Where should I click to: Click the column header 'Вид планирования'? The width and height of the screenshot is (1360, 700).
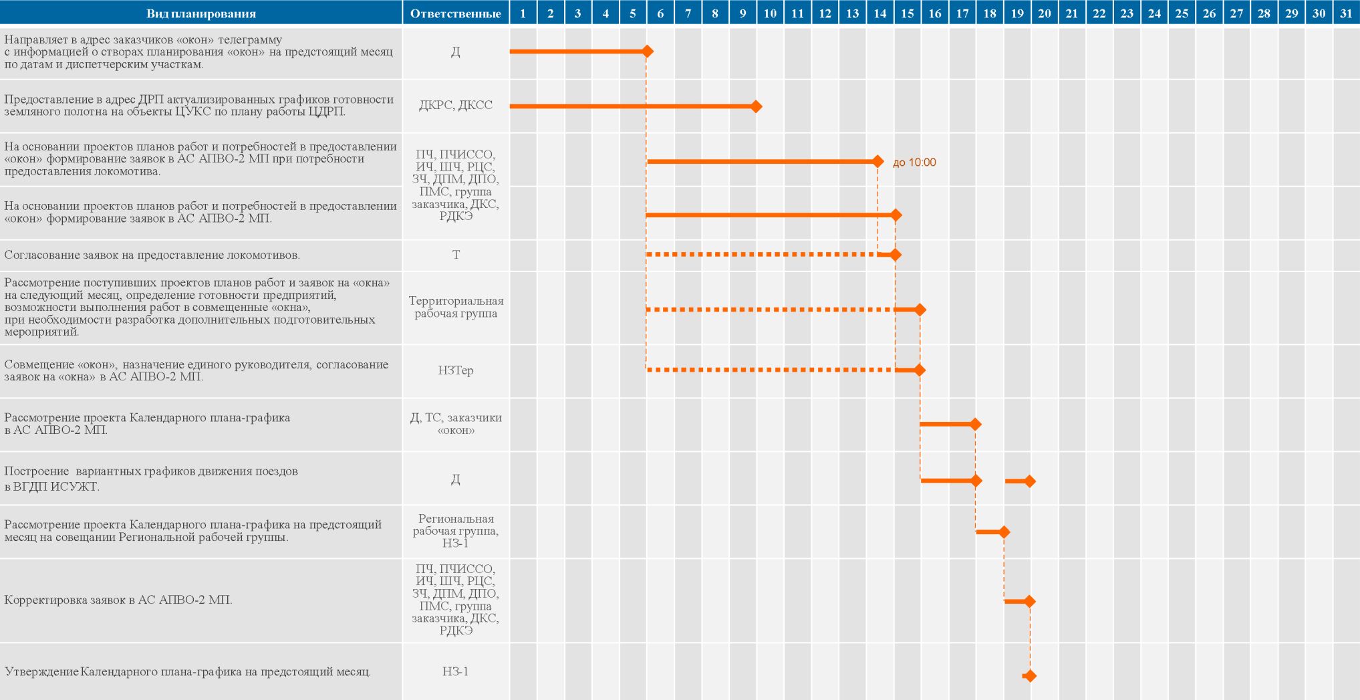point(201,14)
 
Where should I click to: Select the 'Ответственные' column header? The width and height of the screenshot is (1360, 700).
point(455,14)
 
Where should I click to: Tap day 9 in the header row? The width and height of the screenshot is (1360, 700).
point(742,13)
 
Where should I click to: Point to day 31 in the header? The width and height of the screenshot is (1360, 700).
point(1346,13)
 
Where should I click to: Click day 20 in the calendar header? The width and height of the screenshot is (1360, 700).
point(1045,13)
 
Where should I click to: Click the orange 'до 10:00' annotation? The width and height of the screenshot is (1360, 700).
point(914,162)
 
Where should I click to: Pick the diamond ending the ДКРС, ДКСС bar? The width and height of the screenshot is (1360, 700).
point(756,106)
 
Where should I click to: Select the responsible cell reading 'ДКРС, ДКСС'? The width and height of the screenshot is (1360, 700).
point(456,105)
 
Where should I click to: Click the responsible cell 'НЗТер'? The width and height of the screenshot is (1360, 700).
point(456,370)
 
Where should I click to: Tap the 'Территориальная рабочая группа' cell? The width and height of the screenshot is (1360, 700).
point(456,308)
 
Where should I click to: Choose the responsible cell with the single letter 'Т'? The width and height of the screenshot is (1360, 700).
point(456,255)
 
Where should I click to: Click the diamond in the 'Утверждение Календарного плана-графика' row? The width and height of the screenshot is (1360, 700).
point(1030,676)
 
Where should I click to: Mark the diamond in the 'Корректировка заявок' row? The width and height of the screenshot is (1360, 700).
point(1030,602)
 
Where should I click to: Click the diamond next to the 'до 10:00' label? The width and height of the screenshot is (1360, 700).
point(878,161)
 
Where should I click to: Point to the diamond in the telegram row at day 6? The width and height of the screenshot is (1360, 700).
point(647,51)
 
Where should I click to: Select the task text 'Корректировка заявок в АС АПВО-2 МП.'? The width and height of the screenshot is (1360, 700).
point(118,600)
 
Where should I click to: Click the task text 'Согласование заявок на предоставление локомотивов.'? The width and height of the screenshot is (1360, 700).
point(152,255)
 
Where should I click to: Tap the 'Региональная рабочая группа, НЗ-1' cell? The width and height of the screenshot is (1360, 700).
point(456,531)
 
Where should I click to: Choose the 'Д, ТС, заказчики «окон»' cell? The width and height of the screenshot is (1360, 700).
point(456,424)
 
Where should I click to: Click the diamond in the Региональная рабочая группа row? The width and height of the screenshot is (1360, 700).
point(1003,532)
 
